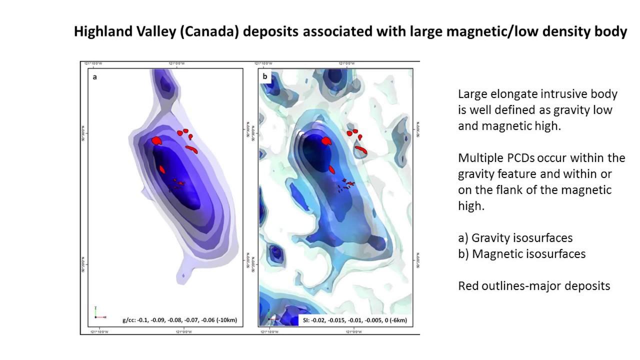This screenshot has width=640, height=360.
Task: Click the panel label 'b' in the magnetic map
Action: (x=264, y=77)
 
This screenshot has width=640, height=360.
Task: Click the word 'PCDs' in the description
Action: (x=516, y=158)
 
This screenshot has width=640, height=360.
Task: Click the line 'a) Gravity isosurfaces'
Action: (x=515, y=237)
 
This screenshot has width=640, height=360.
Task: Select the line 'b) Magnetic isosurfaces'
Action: (x=521, y=253)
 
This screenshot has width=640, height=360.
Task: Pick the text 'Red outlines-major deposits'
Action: (x=533, y=286)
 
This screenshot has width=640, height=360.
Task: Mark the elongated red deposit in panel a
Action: (x=192, y=149)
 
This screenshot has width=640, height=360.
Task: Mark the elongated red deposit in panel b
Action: (x=361, y=149)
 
